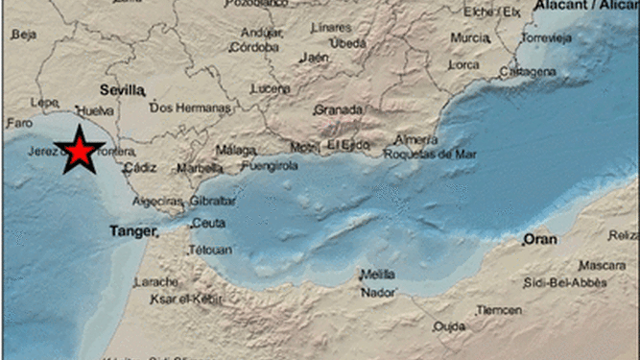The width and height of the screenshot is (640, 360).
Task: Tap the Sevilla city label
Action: (x=122, y=89)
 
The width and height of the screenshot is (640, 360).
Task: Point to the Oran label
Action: (x=540, y=239)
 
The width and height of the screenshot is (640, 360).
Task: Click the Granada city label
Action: (x=338, y=109)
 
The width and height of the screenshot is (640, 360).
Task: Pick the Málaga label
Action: (x=235, y=150)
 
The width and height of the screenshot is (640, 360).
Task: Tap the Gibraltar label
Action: (x=212, y=201)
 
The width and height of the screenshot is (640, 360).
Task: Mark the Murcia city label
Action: (x=470, y=37)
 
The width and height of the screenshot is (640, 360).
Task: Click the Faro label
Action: (x=19, y=123)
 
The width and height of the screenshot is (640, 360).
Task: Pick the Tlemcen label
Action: (x=500, y=310)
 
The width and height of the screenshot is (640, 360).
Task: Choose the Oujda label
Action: (x=448, y=326)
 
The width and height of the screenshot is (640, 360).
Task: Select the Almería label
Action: (x=415, y=139)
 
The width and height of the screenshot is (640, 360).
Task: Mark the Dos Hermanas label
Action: (x=191, y=108)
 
